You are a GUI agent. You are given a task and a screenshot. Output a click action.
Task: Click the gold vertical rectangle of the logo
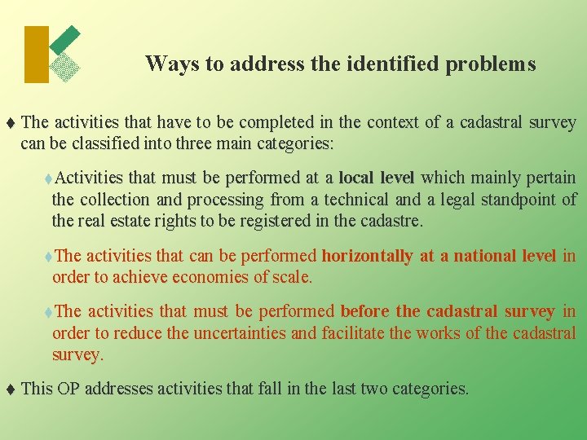pyautogui.click(x=37, y=55)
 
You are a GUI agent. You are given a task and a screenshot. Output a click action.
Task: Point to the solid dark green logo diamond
pyautogui.click(x=66, y=39)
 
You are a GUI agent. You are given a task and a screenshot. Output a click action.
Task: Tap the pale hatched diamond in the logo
pyautogui.click(x=65, y=67)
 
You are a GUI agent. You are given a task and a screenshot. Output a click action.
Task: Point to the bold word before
pyautogui.click(x=364, y=311)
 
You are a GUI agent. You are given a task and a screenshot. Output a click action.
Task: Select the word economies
pyautogui.click(x=188, y=277)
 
